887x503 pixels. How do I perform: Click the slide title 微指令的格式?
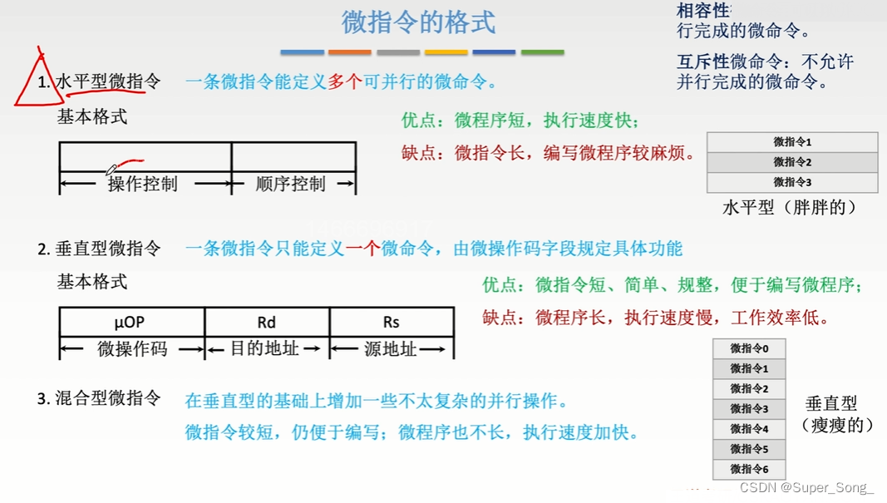[x=418, y=22]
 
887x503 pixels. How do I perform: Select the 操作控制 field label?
[x=143, y=184]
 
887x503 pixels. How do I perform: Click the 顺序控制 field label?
[x=291, y=184]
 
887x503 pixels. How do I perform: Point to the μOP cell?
[x=131, y=322]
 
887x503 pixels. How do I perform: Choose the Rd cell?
[x=266, y=322]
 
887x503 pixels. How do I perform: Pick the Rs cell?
[x=391, y=322]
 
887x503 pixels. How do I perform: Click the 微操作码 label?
[x=132, y=349]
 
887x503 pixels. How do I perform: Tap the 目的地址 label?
[x=264, y=349]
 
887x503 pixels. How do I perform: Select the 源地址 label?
[x=391, y=349]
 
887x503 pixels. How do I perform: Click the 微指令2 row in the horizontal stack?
[x=792, y=162]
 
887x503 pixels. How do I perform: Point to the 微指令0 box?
[x=749, y=348]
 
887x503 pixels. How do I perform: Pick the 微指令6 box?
[x=749, y=469]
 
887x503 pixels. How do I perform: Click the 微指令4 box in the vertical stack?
[x=749, y=429]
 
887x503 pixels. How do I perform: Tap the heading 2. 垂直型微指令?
[x=99, y=249]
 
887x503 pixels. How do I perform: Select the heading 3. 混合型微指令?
[x=99, y=399]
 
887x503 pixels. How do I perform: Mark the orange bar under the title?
[x=350, y=52]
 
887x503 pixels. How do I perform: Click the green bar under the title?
[x=542, y=52]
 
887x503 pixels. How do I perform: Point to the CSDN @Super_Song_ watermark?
[x=806, y=488]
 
